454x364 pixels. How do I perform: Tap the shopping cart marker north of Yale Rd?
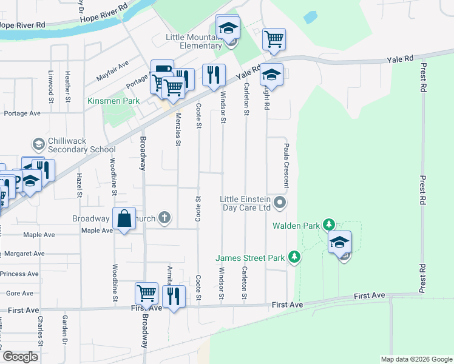[x=274, y=39]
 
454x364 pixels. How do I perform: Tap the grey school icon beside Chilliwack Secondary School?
[x=38, y=144]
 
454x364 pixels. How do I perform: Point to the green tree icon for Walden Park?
[x=329, y=225]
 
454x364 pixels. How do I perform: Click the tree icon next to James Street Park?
[x=294, y=258]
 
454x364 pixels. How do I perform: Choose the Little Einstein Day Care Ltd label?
[x=245, y=203]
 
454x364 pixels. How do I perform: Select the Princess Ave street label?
[x=20, y=274]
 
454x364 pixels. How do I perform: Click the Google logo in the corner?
[x=21, y=357]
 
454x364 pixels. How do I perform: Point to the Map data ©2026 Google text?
[x=416, y=359]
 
